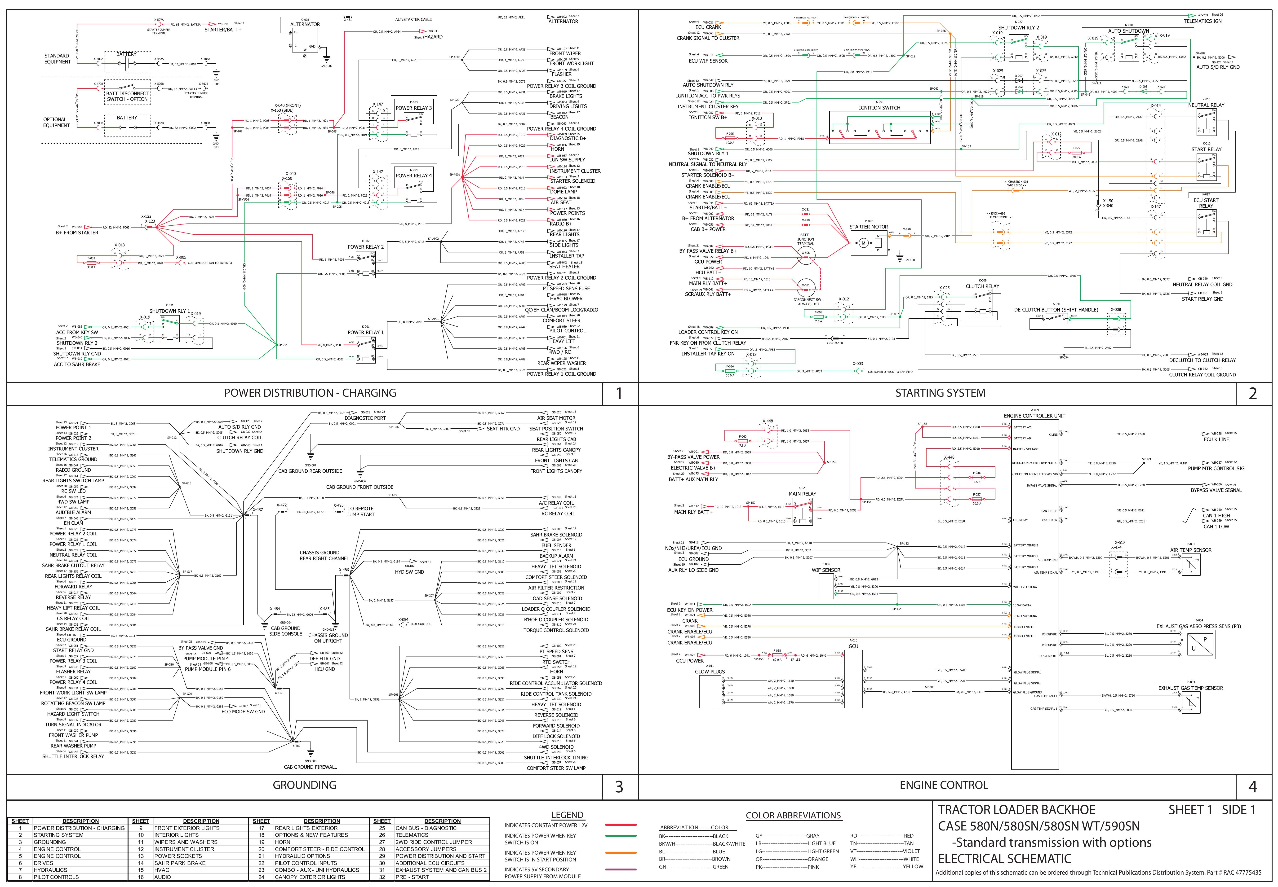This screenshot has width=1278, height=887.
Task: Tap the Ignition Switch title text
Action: pos(879,108)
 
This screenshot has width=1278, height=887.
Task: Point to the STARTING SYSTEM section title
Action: pos(940,393)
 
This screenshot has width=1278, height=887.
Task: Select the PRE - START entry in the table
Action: pos(412,877)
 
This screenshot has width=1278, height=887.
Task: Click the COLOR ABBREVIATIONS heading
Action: pos(793,815)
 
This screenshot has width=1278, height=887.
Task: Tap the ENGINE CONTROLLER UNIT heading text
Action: pos(1034,416)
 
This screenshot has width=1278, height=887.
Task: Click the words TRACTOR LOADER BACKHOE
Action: pos(1017,810)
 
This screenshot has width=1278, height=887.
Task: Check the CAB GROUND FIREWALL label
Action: pos(310,767)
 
